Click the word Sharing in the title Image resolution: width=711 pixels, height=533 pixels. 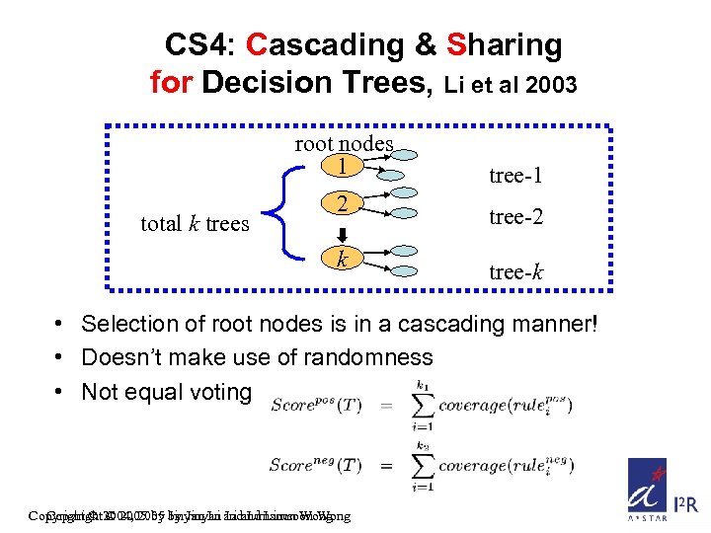pos(505,44)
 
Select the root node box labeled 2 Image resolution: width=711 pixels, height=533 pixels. pos(341,204)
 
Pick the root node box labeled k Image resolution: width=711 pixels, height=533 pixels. pos(341,260)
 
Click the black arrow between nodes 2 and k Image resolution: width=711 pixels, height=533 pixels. pos(341,232)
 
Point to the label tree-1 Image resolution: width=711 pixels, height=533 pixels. pos(515,176)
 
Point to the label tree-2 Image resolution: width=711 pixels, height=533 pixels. pos(515,217)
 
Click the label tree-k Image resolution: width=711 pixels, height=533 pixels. pos(515,270)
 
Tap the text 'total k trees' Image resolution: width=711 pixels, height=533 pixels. pos(195,223)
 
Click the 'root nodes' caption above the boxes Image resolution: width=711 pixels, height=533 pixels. pos(344,144)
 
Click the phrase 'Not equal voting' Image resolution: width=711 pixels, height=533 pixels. pos(167,392)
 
